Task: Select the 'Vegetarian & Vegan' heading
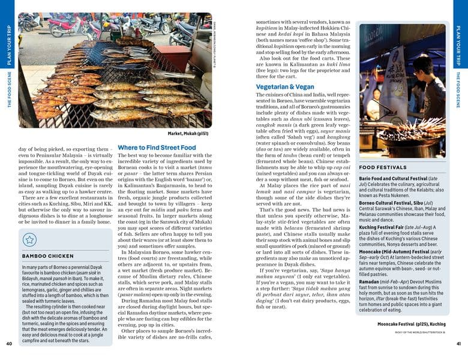[285, 87]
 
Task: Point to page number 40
[9, 344]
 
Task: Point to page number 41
[458, 344]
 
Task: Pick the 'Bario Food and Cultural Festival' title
[398, 178]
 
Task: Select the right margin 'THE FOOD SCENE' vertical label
[459, 90]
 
